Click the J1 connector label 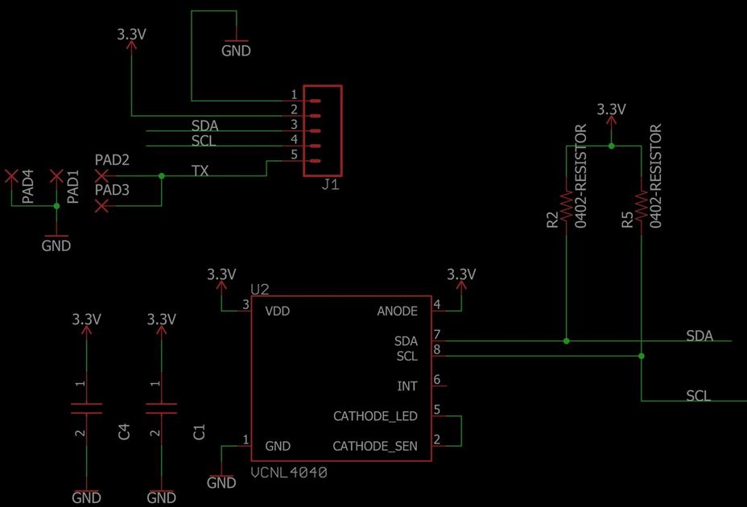330,185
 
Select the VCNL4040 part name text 289,473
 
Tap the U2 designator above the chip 259,289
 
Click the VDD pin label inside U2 277,311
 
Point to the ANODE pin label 397,311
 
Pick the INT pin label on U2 407,386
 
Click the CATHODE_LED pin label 375,416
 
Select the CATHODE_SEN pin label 375,446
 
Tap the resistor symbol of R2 567,204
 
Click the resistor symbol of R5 642,204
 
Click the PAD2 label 112,160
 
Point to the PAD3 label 112,190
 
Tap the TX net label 200,171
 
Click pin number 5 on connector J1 294,155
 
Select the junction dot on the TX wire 162,175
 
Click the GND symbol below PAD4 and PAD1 56,241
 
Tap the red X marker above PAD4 11,175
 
